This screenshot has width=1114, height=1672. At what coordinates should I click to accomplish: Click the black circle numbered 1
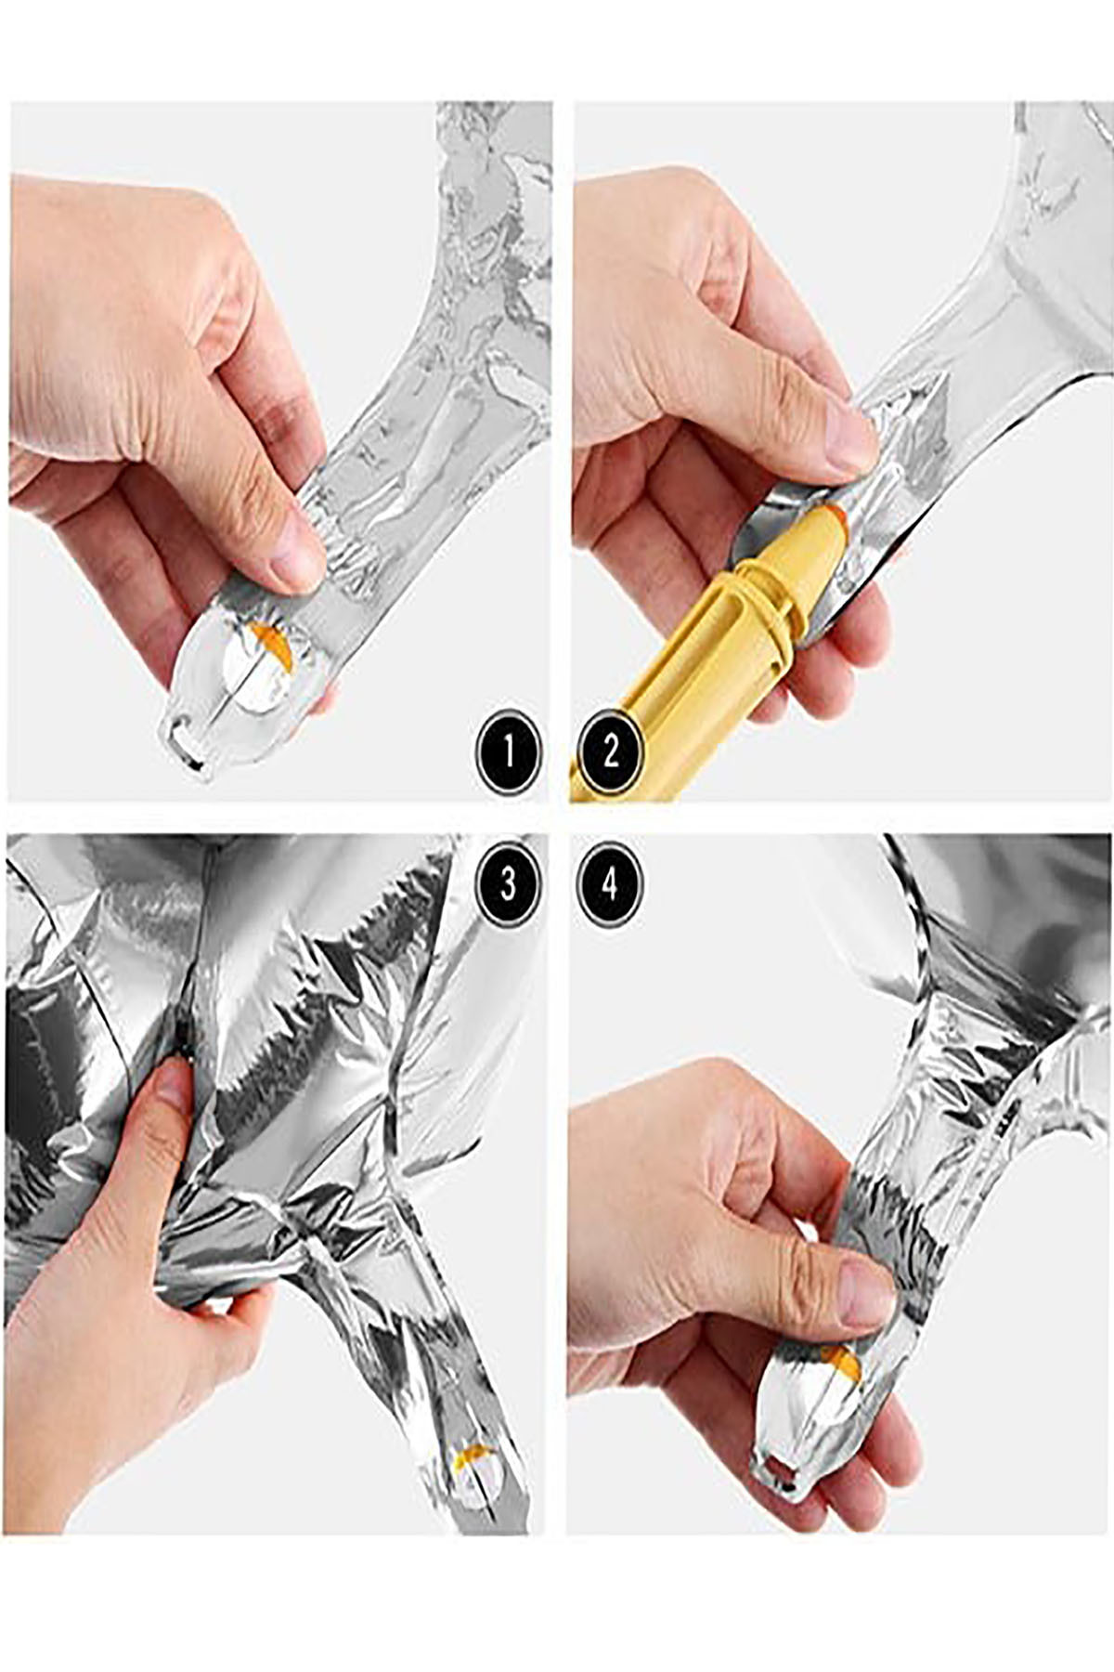508,751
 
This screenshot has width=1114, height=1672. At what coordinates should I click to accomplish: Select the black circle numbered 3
508,883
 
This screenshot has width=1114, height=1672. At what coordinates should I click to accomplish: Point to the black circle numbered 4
610,883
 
